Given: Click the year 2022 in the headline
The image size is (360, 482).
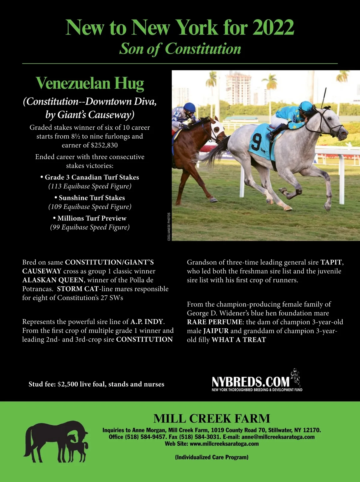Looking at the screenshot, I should [x=273, y=28].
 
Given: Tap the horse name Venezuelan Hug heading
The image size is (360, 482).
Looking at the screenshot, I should [x=90, y=83].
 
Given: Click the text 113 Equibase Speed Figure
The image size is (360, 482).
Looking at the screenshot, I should [x=90, y=186].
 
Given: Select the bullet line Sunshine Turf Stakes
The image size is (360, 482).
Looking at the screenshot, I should [x=90, y=198].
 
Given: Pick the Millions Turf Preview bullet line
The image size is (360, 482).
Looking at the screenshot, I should [x=90, y=218].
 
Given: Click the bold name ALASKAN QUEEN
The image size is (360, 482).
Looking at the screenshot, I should [x=53, y=280].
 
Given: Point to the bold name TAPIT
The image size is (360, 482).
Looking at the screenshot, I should [x=331, y=262].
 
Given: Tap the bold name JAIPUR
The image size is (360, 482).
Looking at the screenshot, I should [x=216, y=331].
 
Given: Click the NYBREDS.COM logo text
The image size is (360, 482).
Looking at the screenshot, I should [x=250, y=382].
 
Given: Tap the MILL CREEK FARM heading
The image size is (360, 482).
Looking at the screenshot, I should [x=211, y=418].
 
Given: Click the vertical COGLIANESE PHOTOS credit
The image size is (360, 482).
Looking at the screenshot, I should [x=169, y=227].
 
